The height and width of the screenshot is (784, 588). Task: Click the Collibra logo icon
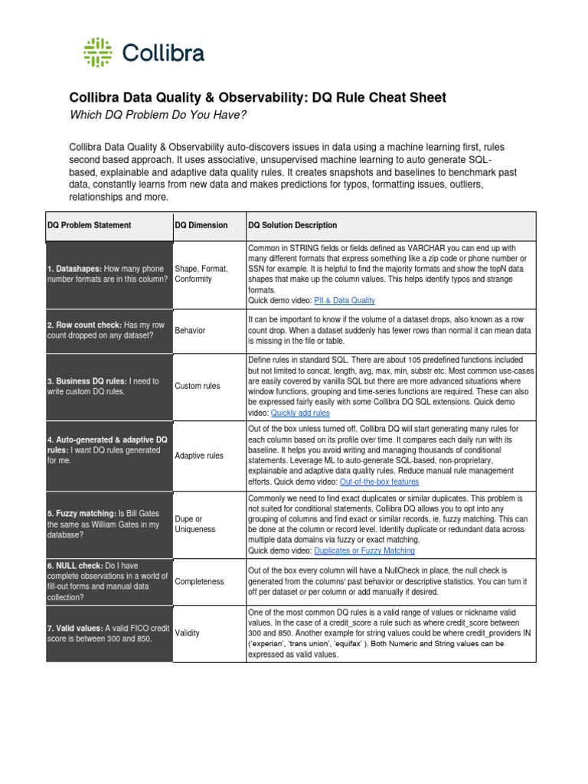[99, 52]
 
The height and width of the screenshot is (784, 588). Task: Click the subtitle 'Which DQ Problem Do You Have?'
[158, 115]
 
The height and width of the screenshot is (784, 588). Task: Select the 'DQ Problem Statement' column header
[90, 225]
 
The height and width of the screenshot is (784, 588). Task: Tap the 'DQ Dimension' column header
[201, 225]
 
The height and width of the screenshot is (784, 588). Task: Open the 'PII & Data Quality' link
[347, 301]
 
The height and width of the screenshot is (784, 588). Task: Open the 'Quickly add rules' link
[300, 413]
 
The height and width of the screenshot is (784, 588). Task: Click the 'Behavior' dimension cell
[190, 330]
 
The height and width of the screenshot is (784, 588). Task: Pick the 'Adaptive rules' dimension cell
[199, 456]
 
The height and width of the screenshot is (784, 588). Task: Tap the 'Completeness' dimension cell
[199, 581]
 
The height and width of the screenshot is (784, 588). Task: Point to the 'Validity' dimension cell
[188, 633]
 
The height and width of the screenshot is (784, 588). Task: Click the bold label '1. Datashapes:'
[74, 269]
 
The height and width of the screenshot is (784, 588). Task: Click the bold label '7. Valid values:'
[76, 629]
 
